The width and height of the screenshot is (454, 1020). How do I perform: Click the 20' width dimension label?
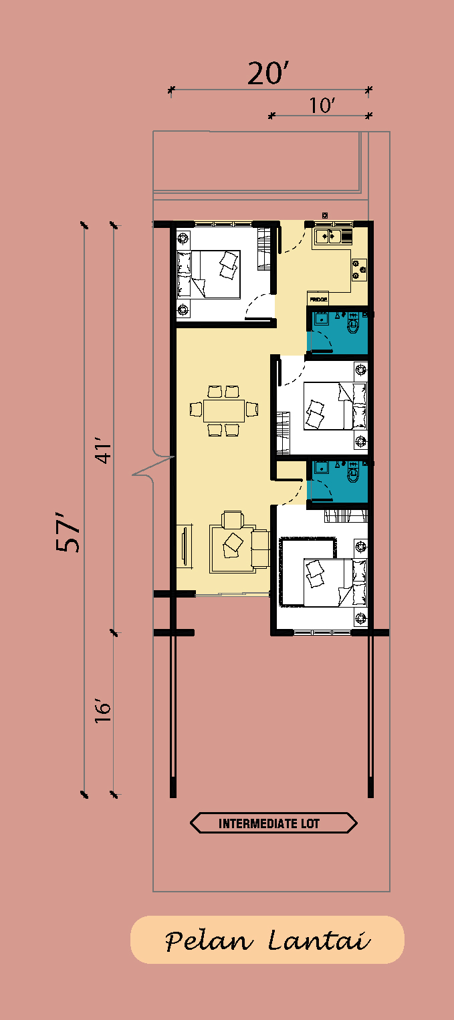(267, 74)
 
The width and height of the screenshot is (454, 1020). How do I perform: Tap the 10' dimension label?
(322, 106)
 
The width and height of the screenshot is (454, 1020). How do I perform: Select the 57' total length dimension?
(68, 532)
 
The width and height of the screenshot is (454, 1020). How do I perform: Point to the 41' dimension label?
(104, 451)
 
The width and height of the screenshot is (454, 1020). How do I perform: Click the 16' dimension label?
(103, 710)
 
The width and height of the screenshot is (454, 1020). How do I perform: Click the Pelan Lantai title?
(267, 940)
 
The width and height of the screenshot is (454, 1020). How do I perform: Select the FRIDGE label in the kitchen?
(318, 299)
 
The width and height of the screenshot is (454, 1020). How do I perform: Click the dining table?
(224, 410)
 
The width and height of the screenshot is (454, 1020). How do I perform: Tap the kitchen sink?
(328, 237)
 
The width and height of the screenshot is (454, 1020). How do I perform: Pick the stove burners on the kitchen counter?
(359, 269)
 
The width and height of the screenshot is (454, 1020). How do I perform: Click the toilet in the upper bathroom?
(354, 324)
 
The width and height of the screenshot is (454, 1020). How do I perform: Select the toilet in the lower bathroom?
(354, 473)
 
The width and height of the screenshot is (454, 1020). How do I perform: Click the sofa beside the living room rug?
(261, 548)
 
